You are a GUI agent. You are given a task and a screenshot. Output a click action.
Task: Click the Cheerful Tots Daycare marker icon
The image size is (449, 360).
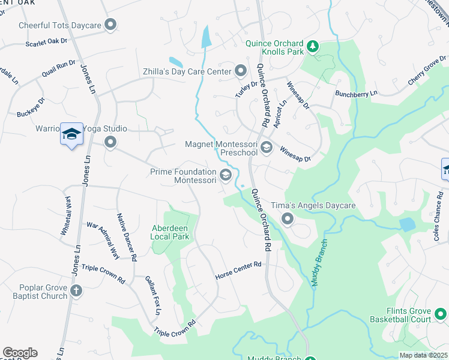click(x=110, y=25)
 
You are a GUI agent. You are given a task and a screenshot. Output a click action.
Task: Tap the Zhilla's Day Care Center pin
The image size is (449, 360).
click(x=240, y=71)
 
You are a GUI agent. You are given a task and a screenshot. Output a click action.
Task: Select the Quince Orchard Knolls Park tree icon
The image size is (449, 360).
click(x=312, y=46)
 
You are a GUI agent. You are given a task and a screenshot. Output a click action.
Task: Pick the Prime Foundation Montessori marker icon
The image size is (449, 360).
click(x=226, y=175)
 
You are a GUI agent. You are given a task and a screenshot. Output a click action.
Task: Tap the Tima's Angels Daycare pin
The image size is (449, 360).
click(x=288, y=219)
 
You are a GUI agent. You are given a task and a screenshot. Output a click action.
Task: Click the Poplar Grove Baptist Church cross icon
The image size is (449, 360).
click(x=76, y=291)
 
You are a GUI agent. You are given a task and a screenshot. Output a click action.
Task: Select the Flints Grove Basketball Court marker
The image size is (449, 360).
click(x=441, y=314)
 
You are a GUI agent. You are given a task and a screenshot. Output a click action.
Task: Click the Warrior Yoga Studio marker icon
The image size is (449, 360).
click(x=110, y=142)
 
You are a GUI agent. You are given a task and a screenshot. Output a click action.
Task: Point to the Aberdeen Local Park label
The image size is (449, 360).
click(x=170, y=232)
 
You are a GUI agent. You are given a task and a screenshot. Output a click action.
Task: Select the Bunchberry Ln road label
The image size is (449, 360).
click(x=357, y=94)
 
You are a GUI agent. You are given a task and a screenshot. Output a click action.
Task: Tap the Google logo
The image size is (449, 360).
click(x=20, y=353)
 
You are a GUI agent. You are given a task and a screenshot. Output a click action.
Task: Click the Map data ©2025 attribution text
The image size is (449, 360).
click(x=423, y=355)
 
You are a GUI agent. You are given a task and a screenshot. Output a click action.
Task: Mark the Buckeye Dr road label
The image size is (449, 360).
click(x=31, y=106)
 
